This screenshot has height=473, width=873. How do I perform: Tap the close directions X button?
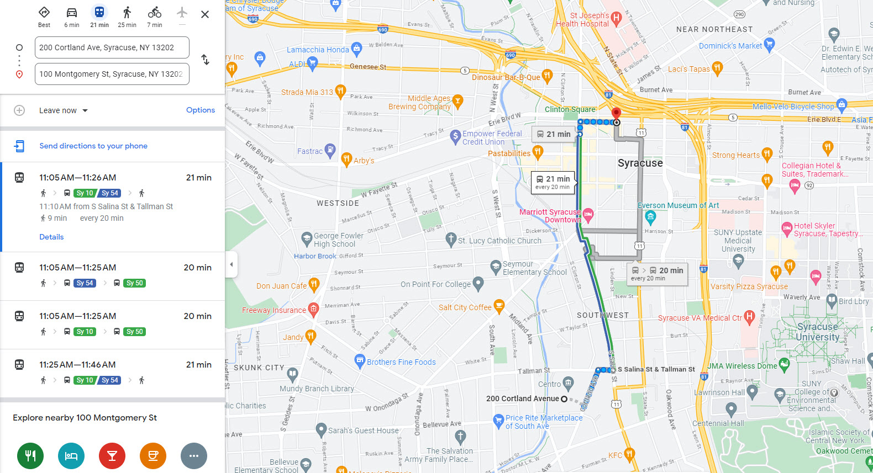pos(205,14)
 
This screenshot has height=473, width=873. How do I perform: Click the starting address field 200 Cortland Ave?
pos(112,47)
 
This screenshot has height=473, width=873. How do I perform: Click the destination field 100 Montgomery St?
pos(112,74)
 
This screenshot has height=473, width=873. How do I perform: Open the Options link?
pos(200,110)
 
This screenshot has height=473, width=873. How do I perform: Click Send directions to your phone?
pos(93,146)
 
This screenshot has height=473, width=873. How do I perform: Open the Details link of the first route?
pos(51,237)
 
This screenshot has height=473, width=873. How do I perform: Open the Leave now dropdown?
pos(63,110)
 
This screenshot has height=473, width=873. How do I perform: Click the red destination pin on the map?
pos(616,114)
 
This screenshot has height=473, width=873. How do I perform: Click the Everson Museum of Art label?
pos(679,205)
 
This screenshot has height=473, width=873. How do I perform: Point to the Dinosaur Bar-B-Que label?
pos(506,77)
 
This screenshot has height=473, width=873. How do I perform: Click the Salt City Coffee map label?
pos(465,307)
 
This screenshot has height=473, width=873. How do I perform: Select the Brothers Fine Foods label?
pos(401,362)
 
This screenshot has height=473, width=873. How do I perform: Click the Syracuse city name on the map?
pos(640,163)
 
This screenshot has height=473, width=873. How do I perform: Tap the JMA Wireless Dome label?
pos(742,365)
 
